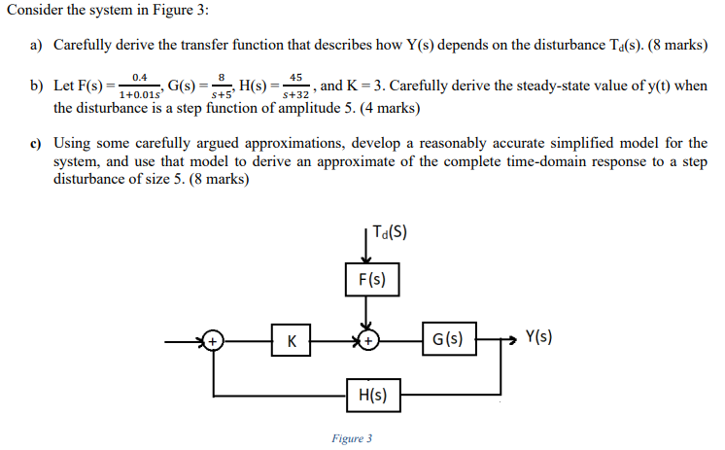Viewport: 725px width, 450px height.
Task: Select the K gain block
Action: pyautogui.click(x=292, y=340)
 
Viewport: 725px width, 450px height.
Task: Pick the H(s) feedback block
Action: pyautogui.click(x=372, y=396)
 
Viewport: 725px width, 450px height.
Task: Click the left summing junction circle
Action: pyautogui.click(x=212, y=340)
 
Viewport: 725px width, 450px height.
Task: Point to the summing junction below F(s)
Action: pyautogui.click(x=367, y=340)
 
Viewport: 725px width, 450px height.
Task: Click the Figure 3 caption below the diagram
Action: pyautogui.click(x=351, y=438)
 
